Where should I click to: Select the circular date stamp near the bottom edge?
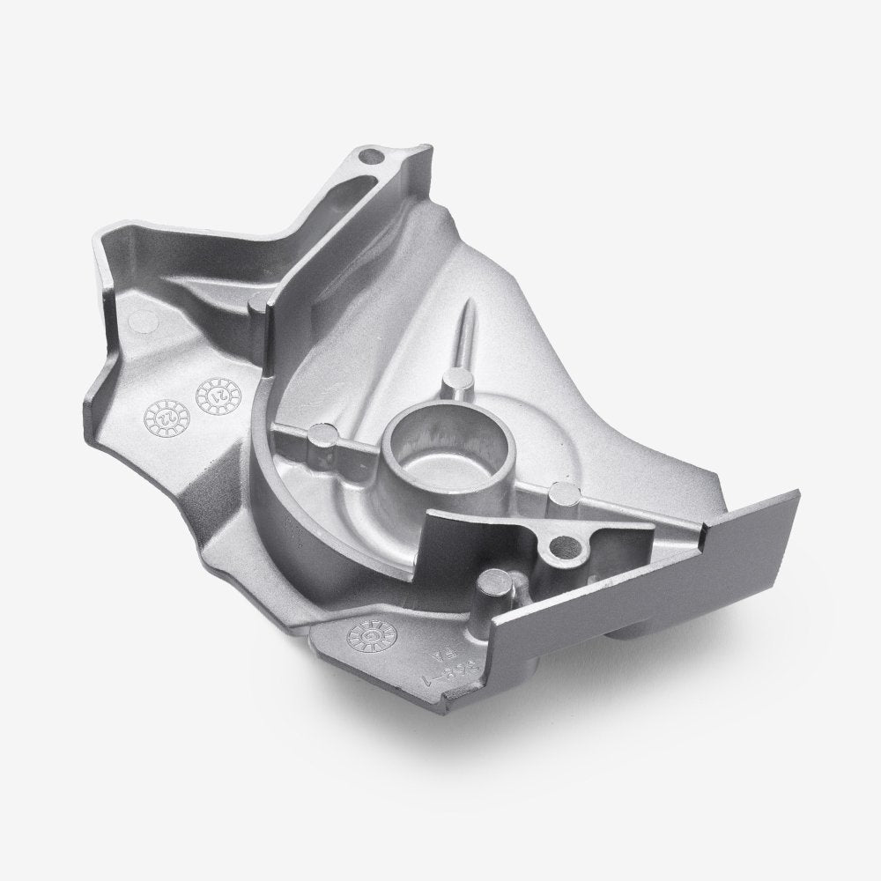pos(365,633)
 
